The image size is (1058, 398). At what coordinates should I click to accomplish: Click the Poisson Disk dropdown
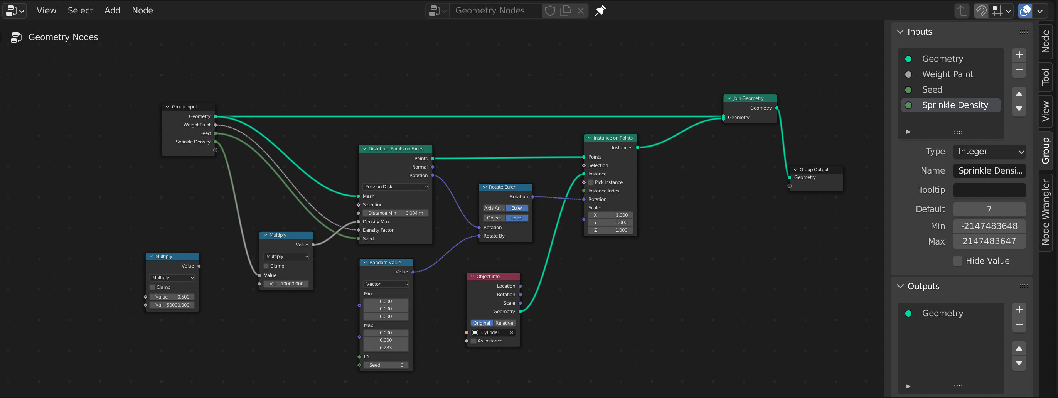point(396,187)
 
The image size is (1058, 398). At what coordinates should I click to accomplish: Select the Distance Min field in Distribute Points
point(395,213)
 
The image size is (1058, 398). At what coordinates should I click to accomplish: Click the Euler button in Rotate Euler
point(516,208)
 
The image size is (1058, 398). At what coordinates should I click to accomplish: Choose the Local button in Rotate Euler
point(516,218)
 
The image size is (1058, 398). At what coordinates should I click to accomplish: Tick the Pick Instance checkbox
point(591,182)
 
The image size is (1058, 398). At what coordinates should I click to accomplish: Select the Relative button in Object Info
point(504,323)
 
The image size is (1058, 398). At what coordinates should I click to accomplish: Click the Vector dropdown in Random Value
point(386,284)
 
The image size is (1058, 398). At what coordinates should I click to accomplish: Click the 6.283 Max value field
point(386,348)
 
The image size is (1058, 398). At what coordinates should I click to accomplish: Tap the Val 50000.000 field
point(172,305)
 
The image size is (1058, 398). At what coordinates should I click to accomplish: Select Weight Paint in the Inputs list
point(947,74)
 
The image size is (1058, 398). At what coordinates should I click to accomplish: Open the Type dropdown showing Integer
point(989,152)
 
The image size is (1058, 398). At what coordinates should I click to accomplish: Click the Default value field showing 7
point(989,209)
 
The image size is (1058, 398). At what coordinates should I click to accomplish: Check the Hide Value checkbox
point(957,261)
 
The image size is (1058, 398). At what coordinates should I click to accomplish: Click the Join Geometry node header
point(750,98)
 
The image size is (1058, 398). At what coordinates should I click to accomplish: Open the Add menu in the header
point(112,10)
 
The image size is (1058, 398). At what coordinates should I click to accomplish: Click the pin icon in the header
point(600,11)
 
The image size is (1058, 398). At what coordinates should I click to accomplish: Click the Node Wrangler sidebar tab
point(1045,212)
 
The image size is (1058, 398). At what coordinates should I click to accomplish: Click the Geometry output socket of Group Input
point(215,116)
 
